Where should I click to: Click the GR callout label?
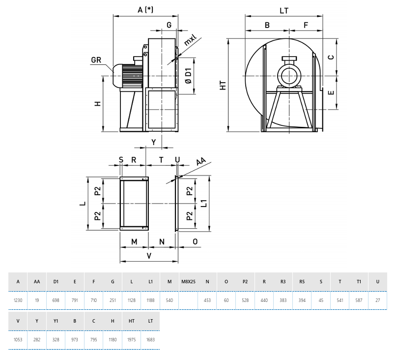pyautogui.click(x=96, y=60)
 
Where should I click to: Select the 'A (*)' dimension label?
pyautogui.click(x=145, y=10)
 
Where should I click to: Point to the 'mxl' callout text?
pyautogui.click(x=190, y=40)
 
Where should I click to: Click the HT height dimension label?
pyautogui.click(x=223, y=85)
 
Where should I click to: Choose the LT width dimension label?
pyautogui.click(x=284, y=10)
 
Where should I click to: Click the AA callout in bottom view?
pyautogui.click(x=201, y=162)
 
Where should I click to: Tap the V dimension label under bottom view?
pyautogui.click(x=149, y=256)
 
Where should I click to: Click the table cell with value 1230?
pyautogui.click(x=18, y=300)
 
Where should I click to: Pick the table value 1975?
pyautogui.click(x=132, y=340)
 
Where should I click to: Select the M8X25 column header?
pyautogui.click(x=188, y=282)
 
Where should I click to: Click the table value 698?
pyautogui.click(x=56, y=300)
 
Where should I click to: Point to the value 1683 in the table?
pyautogui.click(x=150, y=340)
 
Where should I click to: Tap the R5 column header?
pyautogui.click(x=302, y=282)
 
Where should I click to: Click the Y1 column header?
pyautogui.click(x=56, y=321)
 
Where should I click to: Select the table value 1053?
pyautogui.click(x=18, y=340)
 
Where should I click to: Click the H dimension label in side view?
pyautogui.click(x=98, y=103)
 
